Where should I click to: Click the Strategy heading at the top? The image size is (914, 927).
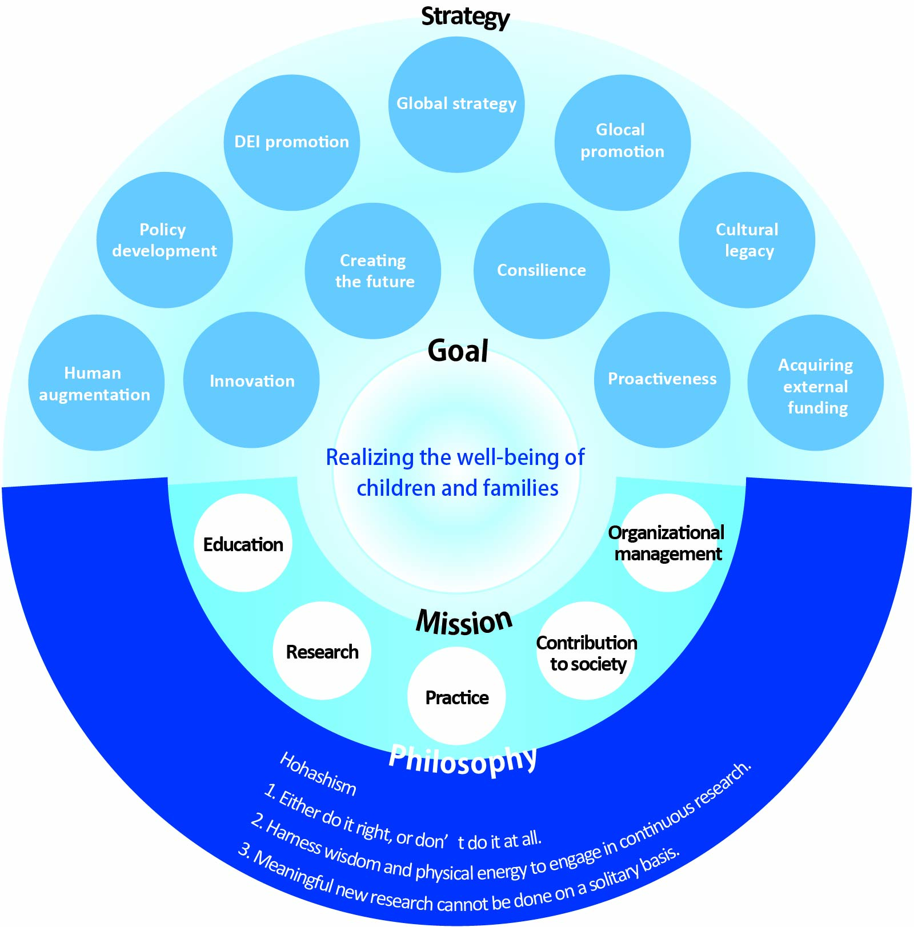click(x=465, y=17)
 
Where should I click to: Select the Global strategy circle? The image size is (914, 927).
click(x=456, y=105)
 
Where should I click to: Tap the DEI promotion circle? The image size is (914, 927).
click(x=292, y=142)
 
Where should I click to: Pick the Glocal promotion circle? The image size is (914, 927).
click(x=623, y=142)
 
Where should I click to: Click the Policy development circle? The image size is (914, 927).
click(x=165, y=240)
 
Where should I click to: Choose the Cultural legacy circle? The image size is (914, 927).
click(x=747, y=240)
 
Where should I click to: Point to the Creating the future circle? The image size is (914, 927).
click(x=373, y=271)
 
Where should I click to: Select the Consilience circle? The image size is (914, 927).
click(x=542, y=271)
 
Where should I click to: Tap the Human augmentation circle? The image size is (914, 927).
click(x=96, y=383)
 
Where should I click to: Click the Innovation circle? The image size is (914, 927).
click(x=251, y=380)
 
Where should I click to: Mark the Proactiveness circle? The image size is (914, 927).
click(x=662, y=380)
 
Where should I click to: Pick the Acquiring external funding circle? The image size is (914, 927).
click(x=816, y=383)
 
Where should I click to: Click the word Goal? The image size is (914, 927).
click(x=458, y=350)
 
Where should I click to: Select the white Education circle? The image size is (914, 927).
click(x=243, y=543)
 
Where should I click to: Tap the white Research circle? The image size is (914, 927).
click(x=322, y=651)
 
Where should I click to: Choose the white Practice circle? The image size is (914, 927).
click(x=457, y=696)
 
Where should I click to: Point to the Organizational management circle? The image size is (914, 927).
click(x=667, y=543)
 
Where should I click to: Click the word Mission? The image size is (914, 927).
click(x=464, y=621)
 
